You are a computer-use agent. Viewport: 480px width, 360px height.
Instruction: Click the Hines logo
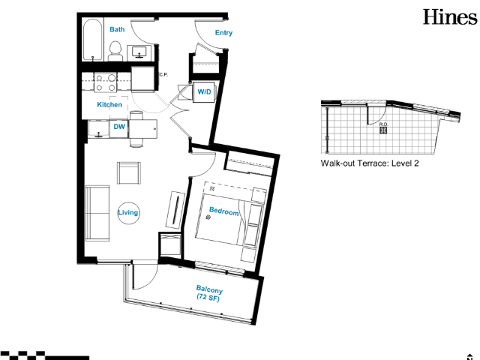[450, 17]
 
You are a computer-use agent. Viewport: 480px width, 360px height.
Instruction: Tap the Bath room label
[117, 29]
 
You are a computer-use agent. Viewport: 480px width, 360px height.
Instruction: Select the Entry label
[223, 33]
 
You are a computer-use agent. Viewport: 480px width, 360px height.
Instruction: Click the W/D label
[204, 91]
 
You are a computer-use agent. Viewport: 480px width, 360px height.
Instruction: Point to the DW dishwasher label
[119, 127]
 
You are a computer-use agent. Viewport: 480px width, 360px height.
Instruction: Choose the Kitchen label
[109, 105]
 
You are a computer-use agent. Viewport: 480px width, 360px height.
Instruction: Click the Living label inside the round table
[128, 212]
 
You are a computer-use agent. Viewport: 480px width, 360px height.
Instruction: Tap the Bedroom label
[223, 211]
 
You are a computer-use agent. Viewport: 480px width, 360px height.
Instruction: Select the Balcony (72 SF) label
[209, 293]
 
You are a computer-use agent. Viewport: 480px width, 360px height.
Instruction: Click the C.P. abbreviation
[163, 75]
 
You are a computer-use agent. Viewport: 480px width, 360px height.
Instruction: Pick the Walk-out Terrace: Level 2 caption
[370, 163]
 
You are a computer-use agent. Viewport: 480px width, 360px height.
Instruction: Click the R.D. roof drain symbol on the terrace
[383, 130]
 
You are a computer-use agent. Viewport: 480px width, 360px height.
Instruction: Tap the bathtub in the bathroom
[92, 40]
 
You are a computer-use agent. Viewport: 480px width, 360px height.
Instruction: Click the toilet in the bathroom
[115, 52]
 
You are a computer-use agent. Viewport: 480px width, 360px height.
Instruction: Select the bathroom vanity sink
[139, 52]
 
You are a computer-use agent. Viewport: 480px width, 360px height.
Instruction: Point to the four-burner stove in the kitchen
[105, 82]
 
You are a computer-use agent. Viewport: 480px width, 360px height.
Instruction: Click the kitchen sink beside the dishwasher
[98, 128]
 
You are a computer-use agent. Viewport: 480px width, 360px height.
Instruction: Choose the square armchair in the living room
[129, 173]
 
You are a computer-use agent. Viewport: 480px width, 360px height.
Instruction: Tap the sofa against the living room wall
[97, 213]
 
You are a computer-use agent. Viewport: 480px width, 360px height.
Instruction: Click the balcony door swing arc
[151, 282]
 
